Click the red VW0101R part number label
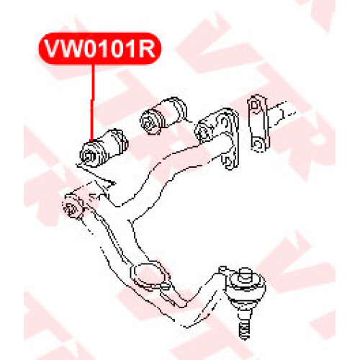(x=100, y=49)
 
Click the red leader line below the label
(x=92, y=103)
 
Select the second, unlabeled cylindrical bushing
(x=163, y=115)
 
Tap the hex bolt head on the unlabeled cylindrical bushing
(x=149, y=122)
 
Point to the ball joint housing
(x=246, y=289)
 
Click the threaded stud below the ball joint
(x=245, y=325)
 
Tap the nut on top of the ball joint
(x=245, y=274)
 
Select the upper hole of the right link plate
(x=256, y=105)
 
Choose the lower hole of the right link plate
(x=258, y=144)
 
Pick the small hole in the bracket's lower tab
(x=228, y=161)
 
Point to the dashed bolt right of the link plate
(x=282, y=113)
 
